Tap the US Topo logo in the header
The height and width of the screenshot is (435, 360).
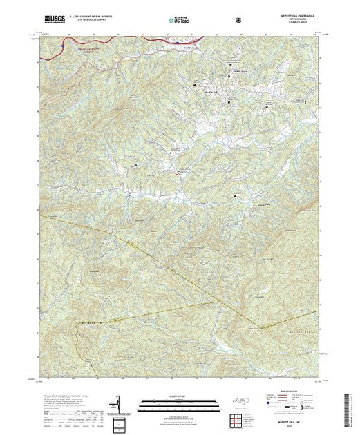(x=179, y=21)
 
